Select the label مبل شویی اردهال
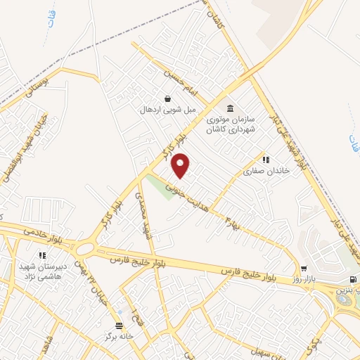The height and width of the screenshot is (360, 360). click(167, 110)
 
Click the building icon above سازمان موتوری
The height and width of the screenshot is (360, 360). click(229, 108)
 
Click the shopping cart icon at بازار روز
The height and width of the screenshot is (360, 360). click(304, 269)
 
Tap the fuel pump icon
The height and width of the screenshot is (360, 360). click(352, 280)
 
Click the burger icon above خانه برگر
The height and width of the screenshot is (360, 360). click(120, 326)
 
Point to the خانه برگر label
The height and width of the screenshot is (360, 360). click(120, 337)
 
